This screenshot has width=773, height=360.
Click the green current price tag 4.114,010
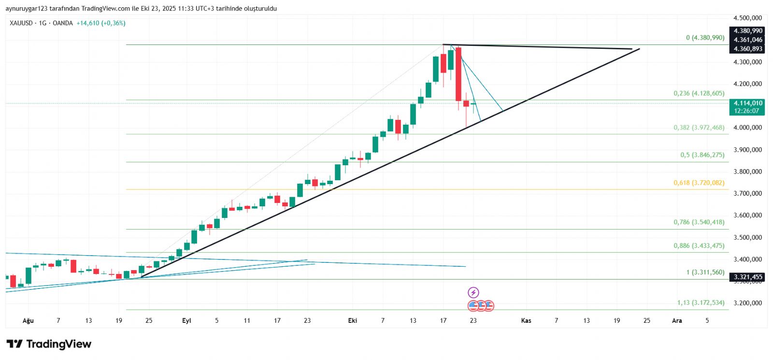(x=748, y=103)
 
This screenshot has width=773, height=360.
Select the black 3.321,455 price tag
(x=748, y=277)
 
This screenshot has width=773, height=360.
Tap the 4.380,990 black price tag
(x=748, y=31)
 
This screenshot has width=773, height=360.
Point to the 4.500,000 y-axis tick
(x=747, y=18)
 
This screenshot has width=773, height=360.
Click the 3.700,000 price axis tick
(x=747, y=193)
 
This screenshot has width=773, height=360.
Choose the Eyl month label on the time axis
(x=186, y=320)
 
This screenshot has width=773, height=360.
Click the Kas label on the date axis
(x=526, y=320)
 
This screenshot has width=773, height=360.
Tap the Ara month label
(x=677, y=320)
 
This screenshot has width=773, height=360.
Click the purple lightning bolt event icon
(x=473, y=292)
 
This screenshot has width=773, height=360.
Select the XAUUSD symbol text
(x=21, y=23)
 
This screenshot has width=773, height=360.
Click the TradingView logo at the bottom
(x=49, y=344)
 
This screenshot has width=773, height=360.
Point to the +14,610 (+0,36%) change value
(x=100, y=23)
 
